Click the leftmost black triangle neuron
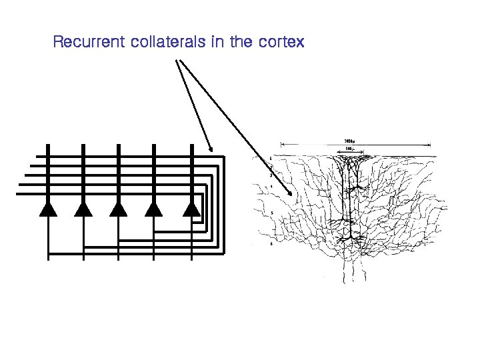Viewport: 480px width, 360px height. [x=48, y=209]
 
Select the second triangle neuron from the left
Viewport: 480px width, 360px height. [x=83, y=209]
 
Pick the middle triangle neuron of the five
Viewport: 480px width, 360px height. [x=119, y=209]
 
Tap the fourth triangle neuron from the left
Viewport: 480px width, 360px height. [x=154, y=209]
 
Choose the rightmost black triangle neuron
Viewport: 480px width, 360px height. [x=192, y=209]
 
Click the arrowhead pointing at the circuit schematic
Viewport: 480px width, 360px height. [x=211, y=149]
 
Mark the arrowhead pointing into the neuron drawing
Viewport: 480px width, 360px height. [x=291, y=193]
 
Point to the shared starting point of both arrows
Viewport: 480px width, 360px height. [x=177, y=61]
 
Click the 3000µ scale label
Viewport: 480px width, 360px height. [x=349, y=141]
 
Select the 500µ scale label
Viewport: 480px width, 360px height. [x=349, y=149]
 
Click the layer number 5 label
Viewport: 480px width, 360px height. [x=271, y=213]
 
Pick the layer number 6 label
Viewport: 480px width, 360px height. [x=271, y=245]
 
